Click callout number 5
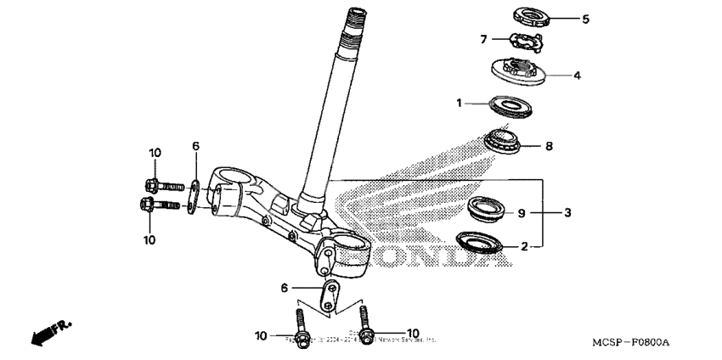585,17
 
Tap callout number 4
577,75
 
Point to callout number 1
460,103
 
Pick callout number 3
567,212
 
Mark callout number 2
524,246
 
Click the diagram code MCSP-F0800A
630,342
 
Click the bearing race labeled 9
490,207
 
